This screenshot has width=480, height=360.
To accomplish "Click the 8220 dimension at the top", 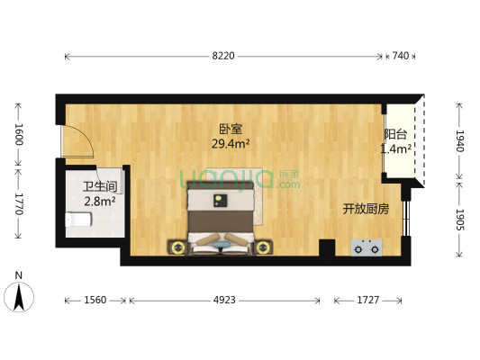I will (223, 57).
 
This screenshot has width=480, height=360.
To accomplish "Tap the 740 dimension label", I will (401, 57).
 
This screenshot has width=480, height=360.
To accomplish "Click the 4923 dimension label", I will (224, 301).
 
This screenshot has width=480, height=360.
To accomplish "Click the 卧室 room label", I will (229, 127).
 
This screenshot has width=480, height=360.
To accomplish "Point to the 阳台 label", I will (394, 135).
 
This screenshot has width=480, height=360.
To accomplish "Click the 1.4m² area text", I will (395, 148).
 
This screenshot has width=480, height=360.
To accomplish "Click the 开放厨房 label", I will (364, 209).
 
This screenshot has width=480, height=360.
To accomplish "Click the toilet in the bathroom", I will (71, 220).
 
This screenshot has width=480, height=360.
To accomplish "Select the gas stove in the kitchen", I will (366, 247).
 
